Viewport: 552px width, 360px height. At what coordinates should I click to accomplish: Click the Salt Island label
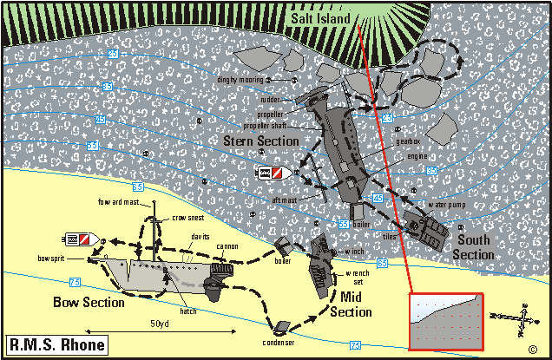319,19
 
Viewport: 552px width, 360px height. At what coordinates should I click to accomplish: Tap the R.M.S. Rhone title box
56,344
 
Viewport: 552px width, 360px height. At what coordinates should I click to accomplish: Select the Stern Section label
261,141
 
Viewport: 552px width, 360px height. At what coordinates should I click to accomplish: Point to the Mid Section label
350,304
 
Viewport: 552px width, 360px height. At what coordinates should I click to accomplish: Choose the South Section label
473,247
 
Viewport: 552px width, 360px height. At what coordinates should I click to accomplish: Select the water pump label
447,204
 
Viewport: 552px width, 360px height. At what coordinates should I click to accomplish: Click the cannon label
227,246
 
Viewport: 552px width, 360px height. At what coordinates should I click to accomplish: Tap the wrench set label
358,278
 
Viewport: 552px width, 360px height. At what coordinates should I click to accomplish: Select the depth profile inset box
444,320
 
